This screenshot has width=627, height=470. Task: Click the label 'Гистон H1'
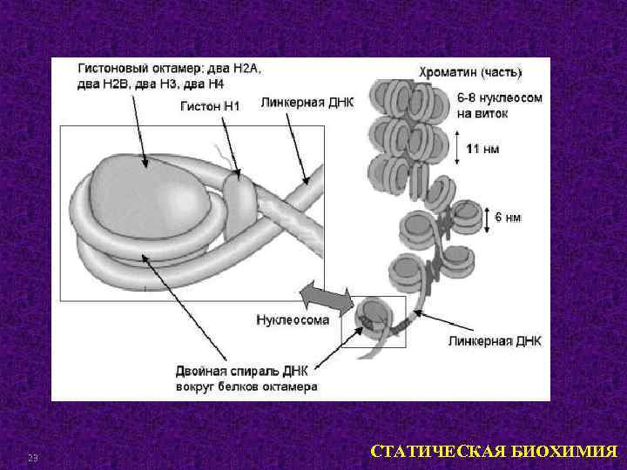pos(209,107)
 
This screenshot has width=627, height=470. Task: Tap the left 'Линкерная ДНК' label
pos(307,103)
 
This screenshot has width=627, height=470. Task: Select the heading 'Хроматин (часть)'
pos(470,72)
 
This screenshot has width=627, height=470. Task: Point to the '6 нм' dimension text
pos(508,217)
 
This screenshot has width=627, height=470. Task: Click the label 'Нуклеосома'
pos(293,319)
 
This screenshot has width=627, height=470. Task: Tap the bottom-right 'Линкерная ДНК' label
pos(494,341)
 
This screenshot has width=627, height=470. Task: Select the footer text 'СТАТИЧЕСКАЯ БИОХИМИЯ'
pos(494,452)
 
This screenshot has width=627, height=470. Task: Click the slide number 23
pos(33,459)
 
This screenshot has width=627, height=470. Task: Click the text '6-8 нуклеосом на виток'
pos(499,105)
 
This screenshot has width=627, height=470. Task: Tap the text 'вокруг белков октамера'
pos(246,386)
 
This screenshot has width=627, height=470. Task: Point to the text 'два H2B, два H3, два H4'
pos(150,84)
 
